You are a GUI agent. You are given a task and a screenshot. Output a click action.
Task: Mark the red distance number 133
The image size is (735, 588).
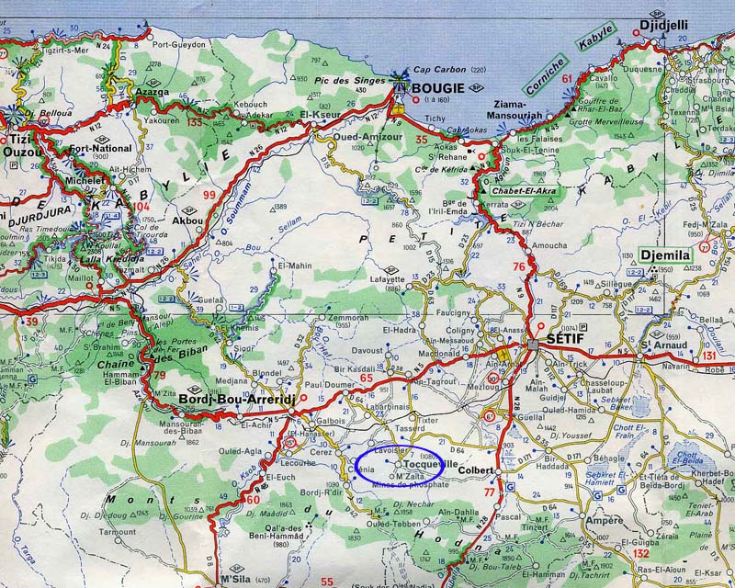(194, 121)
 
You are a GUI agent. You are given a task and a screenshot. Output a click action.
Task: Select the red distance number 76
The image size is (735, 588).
(518, 266)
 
